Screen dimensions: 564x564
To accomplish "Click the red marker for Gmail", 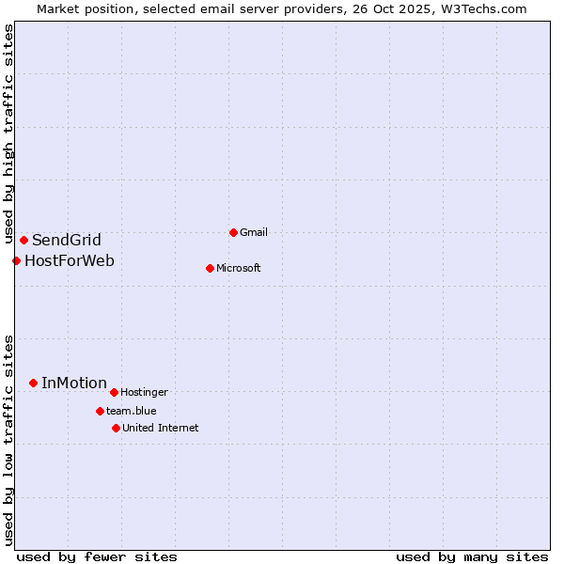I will pyautogui.click(x=233, y=232).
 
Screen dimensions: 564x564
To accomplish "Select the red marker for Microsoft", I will pyautogui.click(x=210, y=268).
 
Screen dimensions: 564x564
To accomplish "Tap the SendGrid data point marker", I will pyautogui.click(x=23, y=240).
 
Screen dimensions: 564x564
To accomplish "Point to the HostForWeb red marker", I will pyautogui.click(x=16, y=260).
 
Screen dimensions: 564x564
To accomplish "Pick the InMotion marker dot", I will pyautogui.click(x=33, y=383).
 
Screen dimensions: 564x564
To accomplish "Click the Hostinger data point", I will pyautogui.click(x=114, y=392).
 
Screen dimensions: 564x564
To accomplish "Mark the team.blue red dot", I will pyautogui.click(x=100, y=411).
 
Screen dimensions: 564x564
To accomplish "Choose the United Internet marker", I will pyautogui.click(x=116, y=428).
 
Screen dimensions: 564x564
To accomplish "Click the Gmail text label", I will pyautogui.click(x=254, y=232).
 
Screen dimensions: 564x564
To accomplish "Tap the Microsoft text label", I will pyautogui.click(x=239, y=268).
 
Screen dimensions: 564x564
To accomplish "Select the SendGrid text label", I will pyautogui.click(x=67, y=240).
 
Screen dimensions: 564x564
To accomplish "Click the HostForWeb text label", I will pyautogui.click(x=70, y=260).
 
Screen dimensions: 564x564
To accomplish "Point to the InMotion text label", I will pyautogui.click(x=74, y=383).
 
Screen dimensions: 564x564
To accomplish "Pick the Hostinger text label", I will pyautogui.click(x=144, y=392).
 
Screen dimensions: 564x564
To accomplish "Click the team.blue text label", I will pyautogui.click(x=132, y=411).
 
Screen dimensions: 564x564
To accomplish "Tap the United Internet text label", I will pyautogui.click(x=161, y=428).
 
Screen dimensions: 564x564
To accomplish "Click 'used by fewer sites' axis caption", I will pyautogui.click(x=96, y=556).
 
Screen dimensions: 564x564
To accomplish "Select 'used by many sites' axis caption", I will pyautogui.click(x=472, y=556).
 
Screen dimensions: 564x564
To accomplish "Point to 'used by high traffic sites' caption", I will pyautogui.click(x=8, y=134).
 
